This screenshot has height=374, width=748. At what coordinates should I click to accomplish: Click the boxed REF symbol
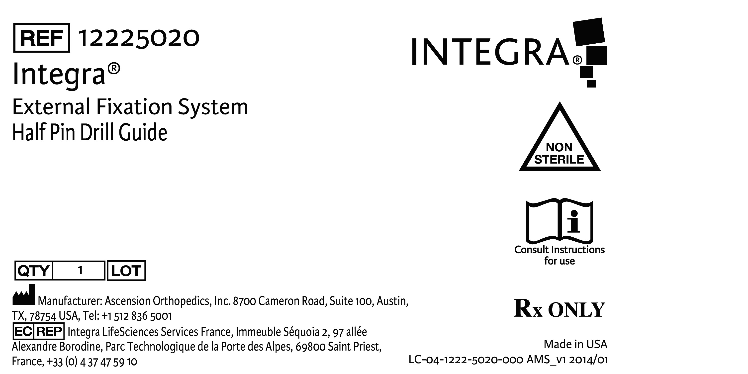[x=42, y=38]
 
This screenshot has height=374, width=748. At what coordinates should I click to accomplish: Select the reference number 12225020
[x=139, y=38]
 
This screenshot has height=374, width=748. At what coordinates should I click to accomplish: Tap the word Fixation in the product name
[x=134, y=107]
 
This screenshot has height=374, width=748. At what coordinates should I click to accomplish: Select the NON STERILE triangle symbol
[x=560, y=136]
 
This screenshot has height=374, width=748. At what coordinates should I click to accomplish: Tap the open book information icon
[x=560, y=221]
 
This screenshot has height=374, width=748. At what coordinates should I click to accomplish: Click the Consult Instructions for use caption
[x=560, y=255]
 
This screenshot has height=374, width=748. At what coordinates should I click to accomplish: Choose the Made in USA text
[x=575, y=344]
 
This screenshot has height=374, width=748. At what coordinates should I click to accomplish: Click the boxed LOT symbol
[x=126, y=271]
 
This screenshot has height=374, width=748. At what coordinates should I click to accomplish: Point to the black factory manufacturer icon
[x=24, y=294]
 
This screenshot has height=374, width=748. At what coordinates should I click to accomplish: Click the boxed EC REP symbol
[x=38, y=331]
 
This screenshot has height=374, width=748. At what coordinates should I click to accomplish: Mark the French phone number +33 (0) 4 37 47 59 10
[x=92, y=362]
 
